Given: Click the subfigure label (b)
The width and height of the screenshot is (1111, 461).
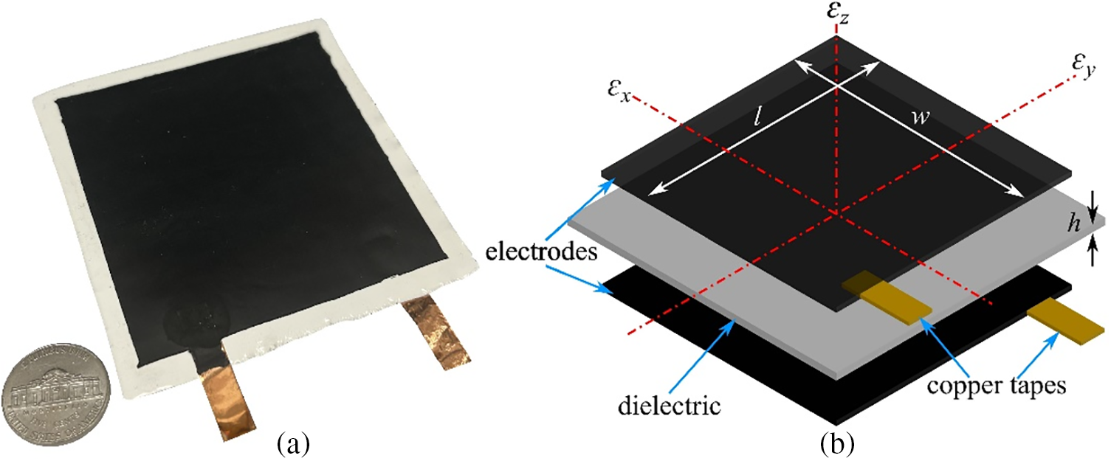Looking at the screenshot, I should click(839, 443).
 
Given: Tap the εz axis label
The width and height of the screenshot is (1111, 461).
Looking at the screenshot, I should click(836, 13).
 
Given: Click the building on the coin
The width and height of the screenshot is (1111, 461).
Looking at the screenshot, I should click(56, 387).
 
